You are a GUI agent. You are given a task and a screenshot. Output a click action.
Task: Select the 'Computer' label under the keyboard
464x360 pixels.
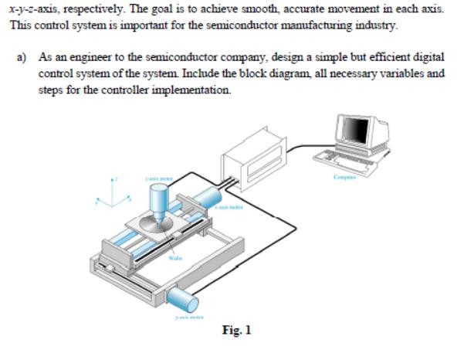(x=344, y=179)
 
